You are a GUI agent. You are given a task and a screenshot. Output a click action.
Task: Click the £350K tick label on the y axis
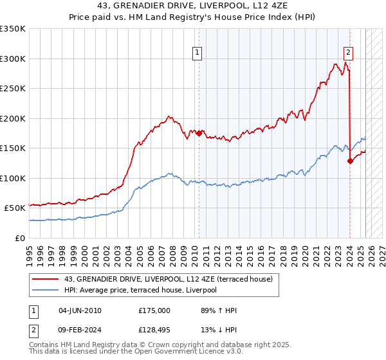pyautogui.click(x=13, y=29)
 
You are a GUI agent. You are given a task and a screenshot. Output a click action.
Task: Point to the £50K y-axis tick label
pyautogui.click(x=15, y=208)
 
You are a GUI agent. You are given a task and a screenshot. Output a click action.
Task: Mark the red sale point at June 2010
pyautogui.click(x=199, y=133)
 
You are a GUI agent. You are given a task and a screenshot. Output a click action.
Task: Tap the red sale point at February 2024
pyautogui.click(x=350, y=161)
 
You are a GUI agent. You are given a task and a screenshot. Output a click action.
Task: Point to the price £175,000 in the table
pyautogui.click(x=154, y=310)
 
